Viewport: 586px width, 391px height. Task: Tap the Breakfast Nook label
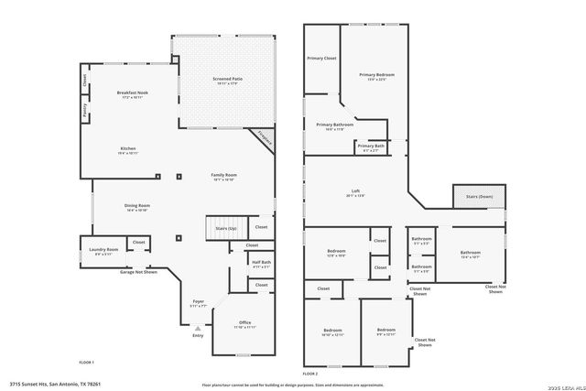point(132,93)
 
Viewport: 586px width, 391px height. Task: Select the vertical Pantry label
point(85,112)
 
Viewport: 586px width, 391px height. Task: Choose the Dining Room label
point(137,206)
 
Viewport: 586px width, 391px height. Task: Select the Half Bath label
point(261,263)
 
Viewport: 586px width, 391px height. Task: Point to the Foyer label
point(198,301)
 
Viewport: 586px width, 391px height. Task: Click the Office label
point(244,322)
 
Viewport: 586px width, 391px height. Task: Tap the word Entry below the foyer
point(198,335)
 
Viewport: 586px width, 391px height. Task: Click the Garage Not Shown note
point(139,272)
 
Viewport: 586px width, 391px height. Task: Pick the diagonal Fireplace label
point(264,139)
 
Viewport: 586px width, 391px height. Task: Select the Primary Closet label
point(321,58)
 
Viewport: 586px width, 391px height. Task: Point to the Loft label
point(355,192)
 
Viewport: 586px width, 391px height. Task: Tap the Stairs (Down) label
point(478,196)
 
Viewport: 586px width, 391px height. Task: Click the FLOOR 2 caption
point(310,374)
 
